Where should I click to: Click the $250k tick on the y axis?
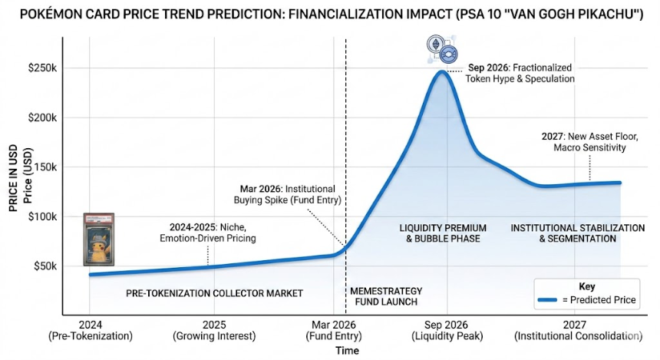tap(42, 68)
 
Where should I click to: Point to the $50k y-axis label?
tap(45, 266)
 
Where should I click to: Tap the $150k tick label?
tap(42, 167)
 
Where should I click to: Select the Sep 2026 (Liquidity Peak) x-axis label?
tap(447, 331)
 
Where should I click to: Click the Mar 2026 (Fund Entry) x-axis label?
tap(333, 331)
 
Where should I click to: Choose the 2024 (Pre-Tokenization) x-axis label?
tap(90, 331)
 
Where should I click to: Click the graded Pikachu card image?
tap(99, 239)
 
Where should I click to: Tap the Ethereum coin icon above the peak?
tap(436, 44)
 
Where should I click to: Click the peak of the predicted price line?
tap(441, 71)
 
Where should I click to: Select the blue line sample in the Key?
tap(548, 300)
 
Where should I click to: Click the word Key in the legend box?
tap(587, 287)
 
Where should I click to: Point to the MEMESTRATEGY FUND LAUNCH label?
tap(386, 296)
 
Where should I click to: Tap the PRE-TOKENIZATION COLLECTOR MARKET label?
tap(214, 293)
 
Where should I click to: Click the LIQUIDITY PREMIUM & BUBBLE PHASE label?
tap(443, 233)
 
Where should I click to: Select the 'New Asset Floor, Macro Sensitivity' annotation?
tap(589, 142)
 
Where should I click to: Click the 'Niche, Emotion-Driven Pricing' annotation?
tap(207, 233)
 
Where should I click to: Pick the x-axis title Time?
tap(347, 350)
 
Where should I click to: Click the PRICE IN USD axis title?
tap(13, 178)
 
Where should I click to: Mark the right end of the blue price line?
tap(620, 183)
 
